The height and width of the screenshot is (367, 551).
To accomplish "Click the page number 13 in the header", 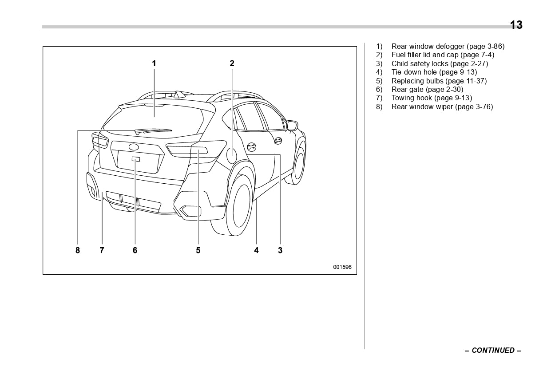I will (516, 25).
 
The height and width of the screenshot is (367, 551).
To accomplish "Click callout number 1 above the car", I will (154, 63).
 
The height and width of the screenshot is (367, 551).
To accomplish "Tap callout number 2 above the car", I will (232, 63).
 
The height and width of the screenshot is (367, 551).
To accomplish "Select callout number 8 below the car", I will (78, 250).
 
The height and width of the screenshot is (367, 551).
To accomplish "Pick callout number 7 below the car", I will (102, 250).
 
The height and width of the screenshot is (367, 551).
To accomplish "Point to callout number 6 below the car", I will (135, 250).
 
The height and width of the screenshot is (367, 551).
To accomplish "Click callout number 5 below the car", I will (198, 250).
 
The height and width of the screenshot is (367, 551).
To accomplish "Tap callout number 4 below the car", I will (256, 250).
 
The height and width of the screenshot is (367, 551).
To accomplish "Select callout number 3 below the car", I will (280, 250).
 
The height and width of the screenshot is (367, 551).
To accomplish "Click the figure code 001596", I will (342, 267).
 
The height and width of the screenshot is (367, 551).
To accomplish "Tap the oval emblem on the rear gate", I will (134, 147).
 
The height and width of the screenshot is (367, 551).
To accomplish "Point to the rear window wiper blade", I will (153, 130).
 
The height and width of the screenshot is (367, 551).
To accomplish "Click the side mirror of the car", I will (292, 126).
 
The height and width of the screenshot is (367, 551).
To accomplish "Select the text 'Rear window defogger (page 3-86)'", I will (448, 46).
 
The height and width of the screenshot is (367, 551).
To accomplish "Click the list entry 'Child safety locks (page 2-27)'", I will (439, 63).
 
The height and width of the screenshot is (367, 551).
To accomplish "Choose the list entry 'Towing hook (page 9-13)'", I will (431, 98).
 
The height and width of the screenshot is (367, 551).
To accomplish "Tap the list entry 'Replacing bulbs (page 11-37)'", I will (439, 81).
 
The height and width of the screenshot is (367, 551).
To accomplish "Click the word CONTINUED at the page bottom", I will (493, 350).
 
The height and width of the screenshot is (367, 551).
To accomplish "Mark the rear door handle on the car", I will (251, 147).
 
